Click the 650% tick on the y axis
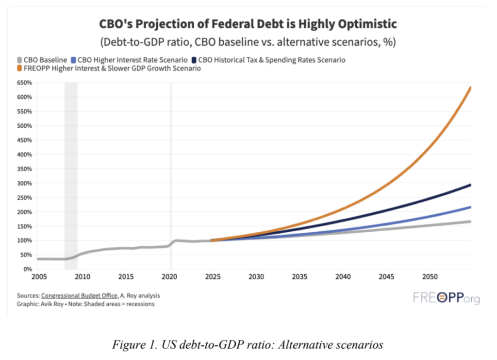(25, 83)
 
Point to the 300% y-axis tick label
(25, 183)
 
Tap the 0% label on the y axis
(28, 269)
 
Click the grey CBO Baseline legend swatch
(20, 60)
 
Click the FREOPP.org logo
(446, 298)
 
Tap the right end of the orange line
(470, 88)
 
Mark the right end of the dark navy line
(470, 185)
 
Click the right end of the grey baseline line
(470, 222)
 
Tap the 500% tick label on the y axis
(25, 126)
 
